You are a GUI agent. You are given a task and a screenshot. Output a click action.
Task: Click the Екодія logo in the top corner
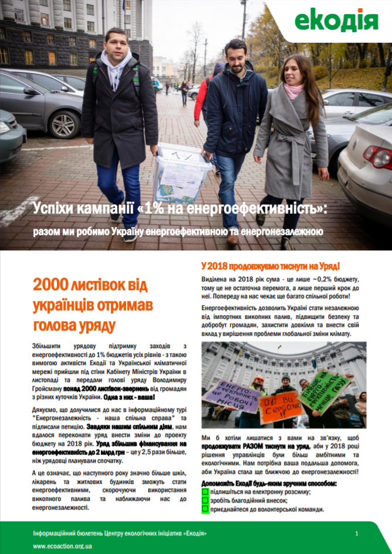pos(336,21)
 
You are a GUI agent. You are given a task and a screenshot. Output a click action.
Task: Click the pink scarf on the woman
pos(294,91)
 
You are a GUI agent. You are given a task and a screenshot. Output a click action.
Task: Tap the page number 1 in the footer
pos(357,534)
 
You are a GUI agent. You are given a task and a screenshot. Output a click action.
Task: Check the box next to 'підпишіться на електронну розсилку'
pos(205,492)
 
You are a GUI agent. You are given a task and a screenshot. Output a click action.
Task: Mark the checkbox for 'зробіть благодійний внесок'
pos(205,501)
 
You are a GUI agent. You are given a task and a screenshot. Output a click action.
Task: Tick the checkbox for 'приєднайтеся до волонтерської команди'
pos(205,509)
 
